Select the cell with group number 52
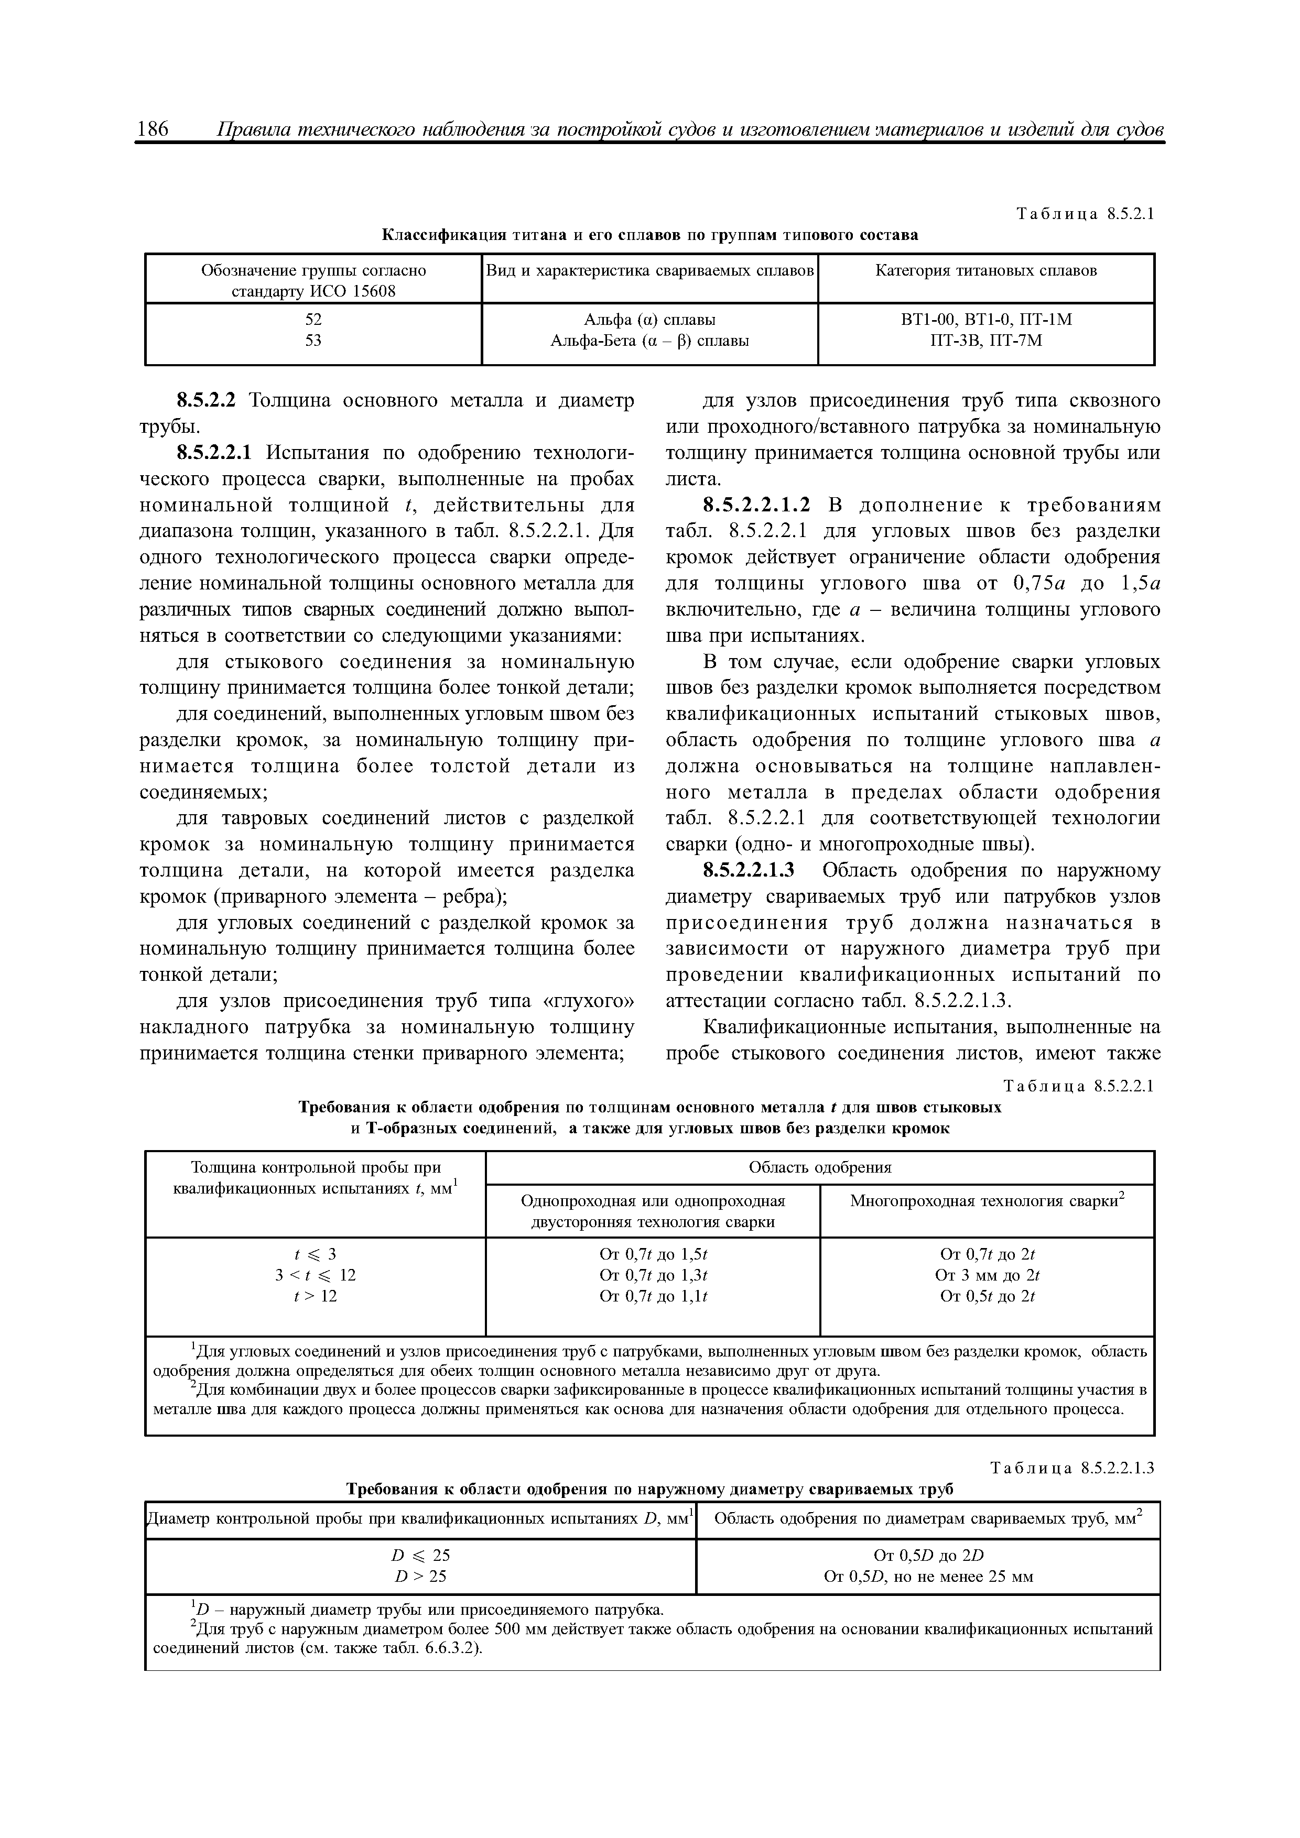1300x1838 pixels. click(x=313, y=320)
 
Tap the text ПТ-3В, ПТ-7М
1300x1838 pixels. click(x=986, y=340)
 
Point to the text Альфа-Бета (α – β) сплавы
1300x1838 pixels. click(x=649, y=340)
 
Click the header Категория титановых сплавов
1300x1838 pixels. click(x=986, y=270)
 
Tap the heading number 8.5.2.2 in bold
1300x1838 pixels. click(x=209, y=400)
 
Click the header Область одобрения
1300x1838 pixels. click(x=819, y=1167)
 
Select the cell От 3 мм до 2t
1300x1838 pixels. click(x=987, y=1275)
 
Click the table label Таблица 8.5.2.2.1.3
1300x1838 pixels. click(x=1072, y=1468)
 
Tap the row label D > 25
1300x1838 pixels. click(x=420, y=1576)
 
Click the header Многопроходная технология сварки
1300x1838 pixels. click(x=987, y=1201)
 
